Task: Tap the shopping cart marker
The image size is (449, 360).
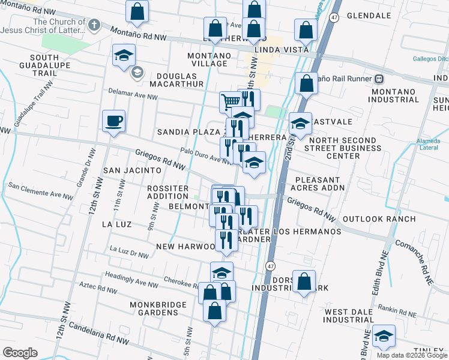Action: [x=231, y=101]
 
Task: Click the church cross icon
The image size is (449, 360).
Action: [x=93, y=26]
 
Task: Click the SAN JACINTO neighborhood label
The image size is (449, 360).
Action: [x=132, y=170]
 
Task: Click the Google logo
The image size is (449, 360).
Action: [x=20, y=353]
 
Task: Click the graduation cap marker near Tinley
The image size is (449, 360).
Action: [x=384, y=337]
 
